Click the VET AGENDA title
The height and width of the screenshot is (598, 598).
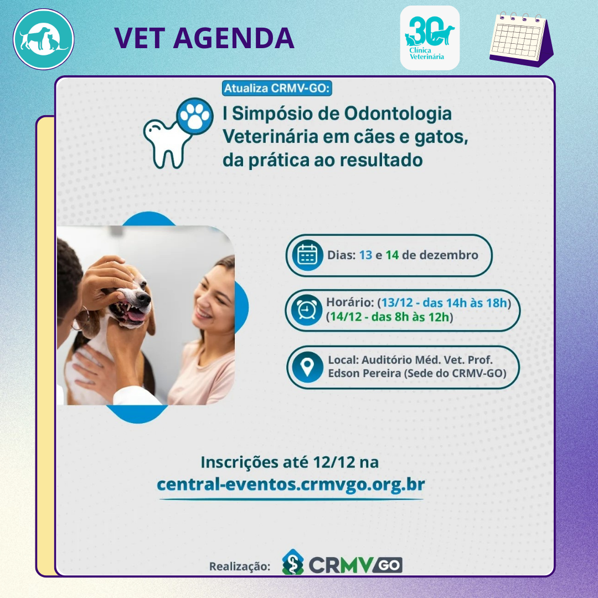(204, 38)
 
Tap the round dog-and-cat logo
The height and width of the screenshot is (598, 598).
(44, 39)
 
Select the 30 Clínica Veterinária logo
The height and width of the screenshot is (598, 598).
(430, 38)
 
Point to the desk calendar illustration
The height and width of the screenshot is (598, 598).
(522, 39)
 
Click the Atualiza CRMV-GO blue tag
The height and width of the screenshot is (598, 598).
(277, 89)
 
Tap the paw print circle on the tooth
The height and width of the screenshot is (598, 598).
(195, 116)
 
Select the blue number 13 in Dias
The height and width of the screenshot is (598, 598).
(365, 255)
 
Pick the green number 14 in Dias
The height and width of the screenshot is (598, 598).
(392, 255)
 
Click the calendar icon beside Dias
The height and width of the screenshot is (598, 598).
(307, 255)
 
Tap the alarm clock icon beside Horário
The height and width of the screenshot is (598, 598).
(307, 310)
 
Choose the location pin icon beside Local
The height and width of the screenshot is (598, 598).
(307, 367)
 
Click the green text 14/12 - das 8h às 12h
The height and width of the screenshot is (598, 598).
(389, 317)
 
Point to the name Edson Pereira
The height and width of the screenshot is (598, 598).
(364, 373)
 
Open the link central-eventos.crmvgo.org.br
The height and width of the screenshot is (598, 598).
(291, 484)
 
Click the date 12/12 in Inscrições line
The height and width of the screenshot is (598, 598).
(334, 462)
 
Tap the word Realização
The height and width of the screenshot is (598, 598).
(240, 566)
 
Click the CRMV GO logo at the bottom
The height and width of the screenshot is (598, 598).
(342, 562)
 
